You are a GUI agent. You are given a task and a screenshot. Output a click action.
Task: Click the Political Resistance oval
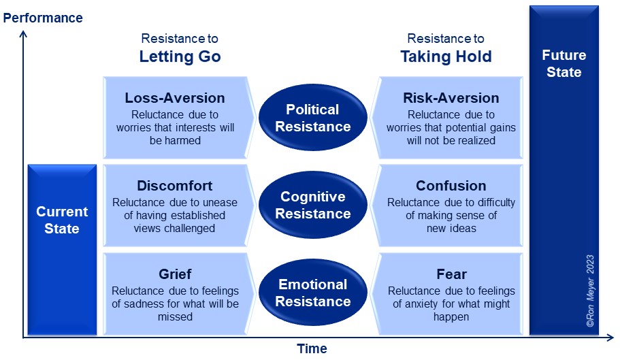313,117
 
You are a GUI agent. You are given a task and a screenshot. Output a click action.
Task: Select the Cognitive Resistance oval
313,205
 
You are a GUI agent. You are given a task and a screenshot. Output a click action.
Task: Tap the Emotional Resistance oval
313,293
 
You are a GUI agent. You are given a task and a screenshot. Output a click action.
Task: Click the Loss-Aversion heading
175,97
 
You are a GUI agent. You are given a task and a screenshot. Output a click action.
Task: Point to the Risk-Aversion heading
451,97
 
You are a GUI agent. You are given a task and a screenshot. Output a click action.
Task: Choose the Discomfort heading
174,186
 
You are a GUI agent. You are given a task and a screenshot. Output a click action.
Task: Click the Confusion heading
451,186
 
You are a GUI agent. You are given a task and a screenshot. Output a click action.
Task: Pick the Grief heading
175,274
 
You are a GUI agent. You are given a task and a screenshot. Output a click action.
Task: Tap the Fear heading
451,274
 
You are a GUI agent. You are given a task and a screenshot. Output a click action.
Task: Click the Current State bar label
62,220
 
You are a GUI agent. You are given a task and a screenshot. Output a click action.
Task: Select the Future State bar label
564,63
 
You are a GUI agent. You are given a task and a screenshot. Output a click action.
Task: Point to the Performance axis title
43,18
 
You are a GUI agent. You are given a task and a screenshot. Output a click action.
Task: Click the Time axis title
312,348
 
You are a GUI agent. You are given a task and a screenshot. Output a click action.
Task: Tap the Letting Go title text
180,56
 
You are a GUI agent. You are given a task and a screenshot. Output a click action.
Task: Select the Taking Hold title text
446,56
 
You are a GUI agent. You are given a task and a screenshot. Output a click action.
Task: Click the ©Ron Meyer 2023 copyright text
590,291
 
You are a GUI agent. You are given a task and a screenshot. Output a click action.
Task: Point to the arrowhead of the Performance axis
23,34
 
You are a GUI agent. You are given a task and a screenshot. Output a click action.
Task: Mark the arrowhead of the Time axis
609,338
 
